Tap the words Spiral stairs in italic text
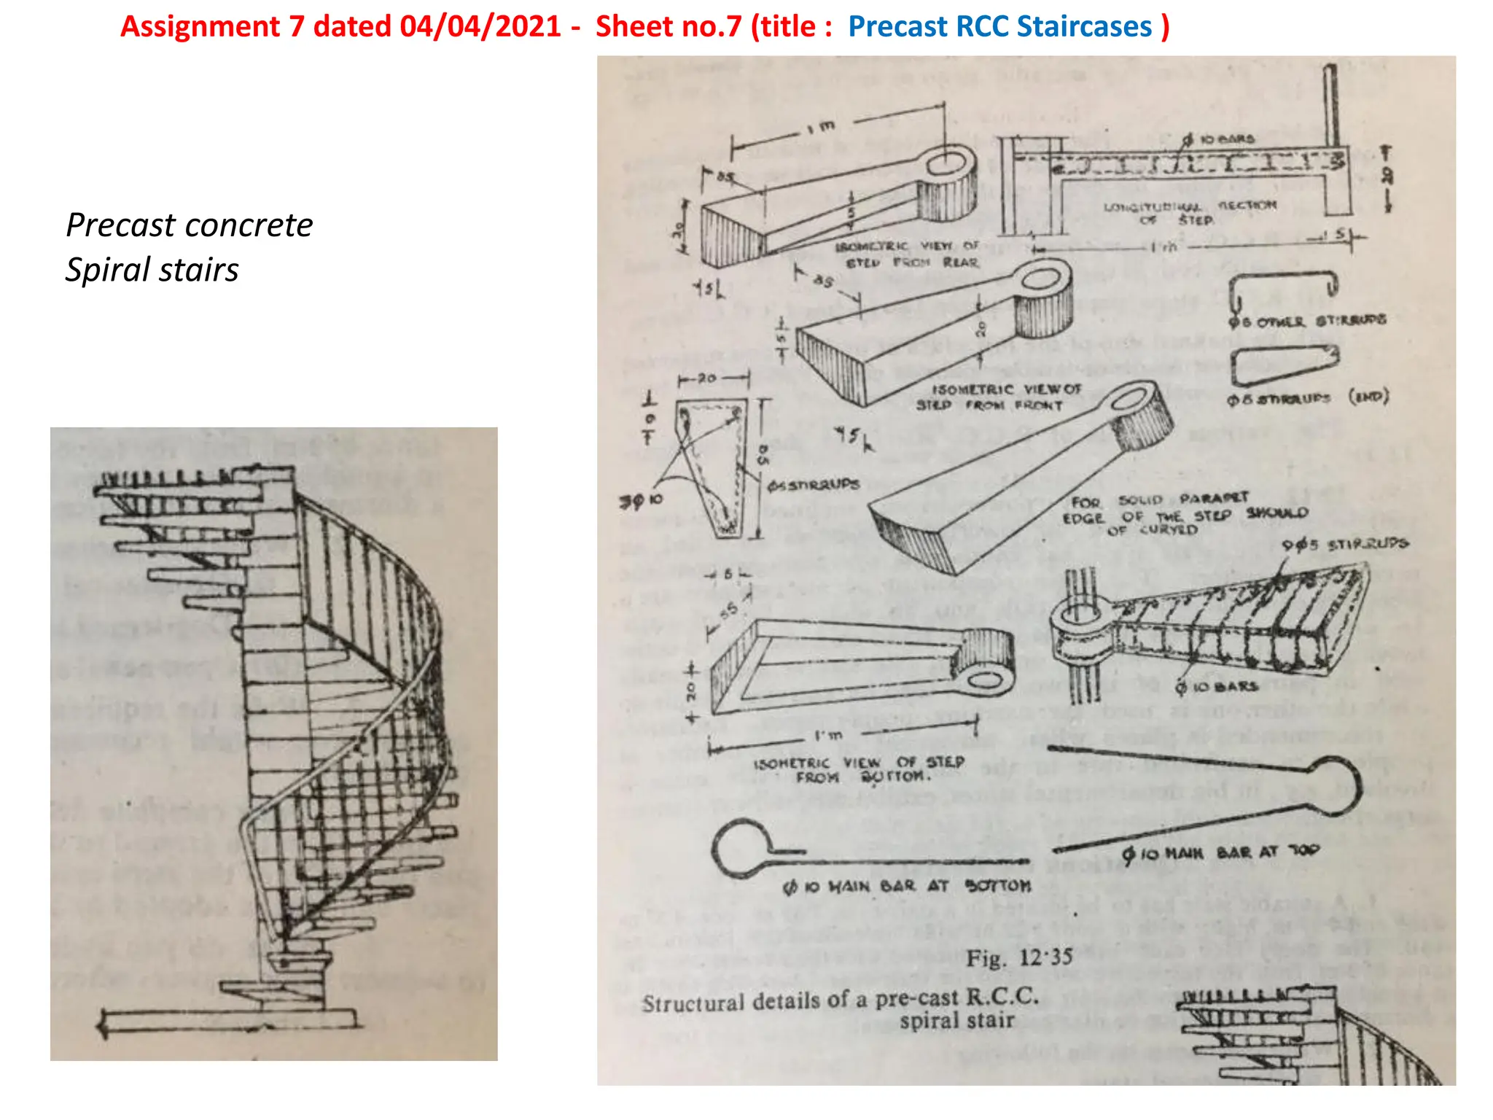click(152, 270)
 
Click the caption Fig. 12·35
click(1019, 957)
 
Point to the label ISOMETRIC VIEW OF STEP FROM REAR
click(907, 254)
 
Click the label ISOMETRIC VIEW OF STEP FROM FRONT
click(999, 397)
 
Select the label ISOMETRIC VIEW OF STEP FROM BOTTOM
click(859, 770)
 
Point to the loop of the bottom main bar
click(740, 848)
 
